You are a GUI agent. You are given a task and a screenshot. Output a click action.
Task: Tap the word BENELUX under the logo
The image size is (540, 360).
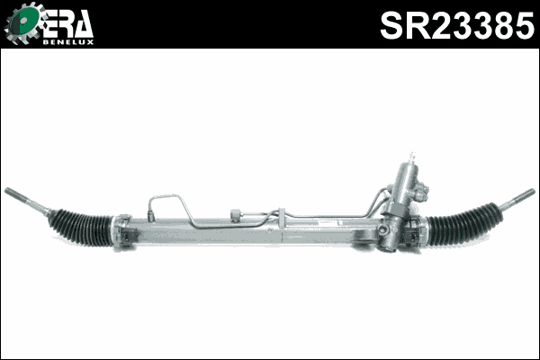tap(68, 41)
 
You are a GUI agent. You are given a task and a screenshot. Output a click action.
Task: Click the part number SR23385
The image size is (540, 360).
tap(455, 26)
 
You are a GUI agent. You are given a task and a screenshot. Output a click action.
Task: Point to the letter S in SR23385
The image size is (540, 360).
tap(391, 26)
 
